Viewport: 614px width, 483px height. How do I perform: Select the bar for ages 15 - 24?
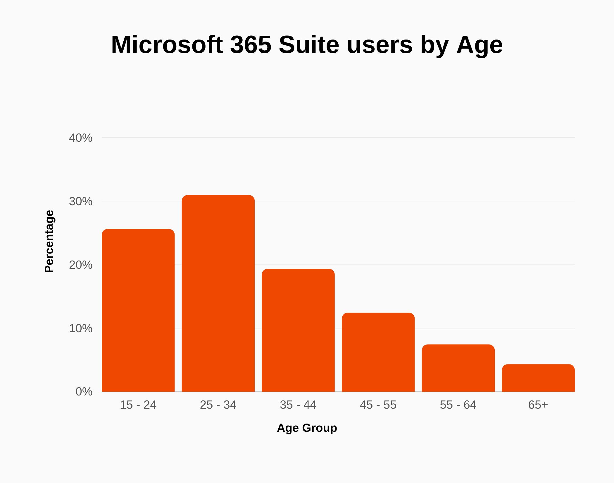(x=138, y=310)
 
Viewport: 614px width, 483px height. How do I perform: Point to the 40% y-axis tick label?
(x=80, y=138)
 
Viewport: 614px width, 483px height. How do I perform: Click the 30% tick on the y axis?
(x=80, y=201)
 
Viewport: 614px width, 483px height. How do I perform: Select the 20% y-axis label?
(x=80, y=265)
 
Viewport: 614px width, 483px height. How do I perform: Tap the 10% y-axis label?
(x=80, y=328)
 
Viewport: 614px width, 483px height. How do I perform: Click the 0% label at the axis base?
(x=84, y=392)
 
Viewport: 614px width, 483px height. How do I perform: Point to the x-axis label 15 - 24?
(x=138, y=405)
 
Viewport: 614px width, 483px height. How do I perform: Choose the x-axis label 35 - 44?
(x=298, y=405)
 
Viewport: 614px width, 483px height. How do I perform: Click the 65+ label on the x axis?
(x=538, y=405)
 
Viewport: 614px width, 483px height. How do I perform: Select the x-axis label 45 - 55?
(x=378, y=405)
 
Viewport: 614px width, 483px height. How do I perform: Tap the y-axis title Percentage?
(x=49, y=241)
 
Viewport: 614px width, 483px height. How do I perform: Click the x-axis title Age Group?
(x=307, y=428)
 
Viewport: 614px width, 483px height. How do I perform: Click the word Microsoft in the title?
(x=167, y=45)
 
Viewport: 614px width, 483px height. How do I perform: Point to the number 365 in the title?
(x=251, y=45)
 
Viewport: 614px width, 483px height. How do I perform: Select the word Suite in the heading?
(x=309, y=45)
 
